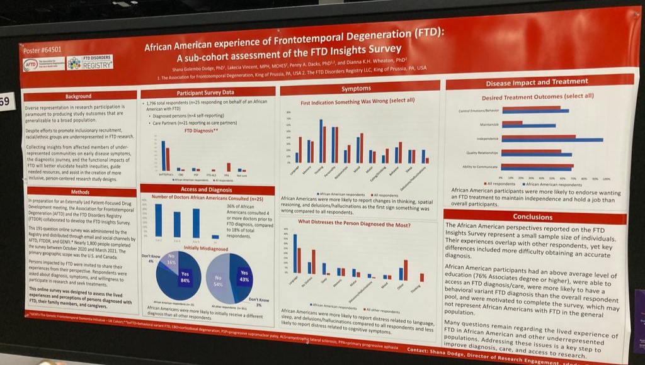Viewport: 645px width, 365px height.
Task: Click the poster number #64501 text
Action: (43, 50)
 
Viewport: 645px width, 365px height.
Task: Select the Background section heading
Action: (78, 96)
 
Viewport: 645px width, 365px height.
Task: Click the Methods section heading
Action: (80, 192)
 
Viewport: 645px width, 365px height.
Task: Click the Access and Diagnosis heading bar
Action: (207, 189)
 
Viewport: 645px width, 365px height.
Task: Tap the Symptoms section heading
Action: (356, 89)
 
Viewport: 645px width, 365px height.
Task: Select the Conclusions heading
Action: (532, 216)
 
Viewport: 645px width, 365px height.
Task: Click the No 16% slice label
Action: (170, 258)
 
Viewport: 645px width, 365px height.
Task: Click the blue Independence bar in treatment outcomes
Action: (552, 140)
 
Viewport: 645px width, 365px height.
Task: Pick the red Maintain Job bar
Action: (512, 123)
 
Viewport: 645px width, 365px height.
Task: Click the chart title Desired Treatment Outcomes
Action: (537, 96)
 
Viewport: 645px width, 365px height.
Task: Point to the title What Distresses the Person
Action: (354, 223)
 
